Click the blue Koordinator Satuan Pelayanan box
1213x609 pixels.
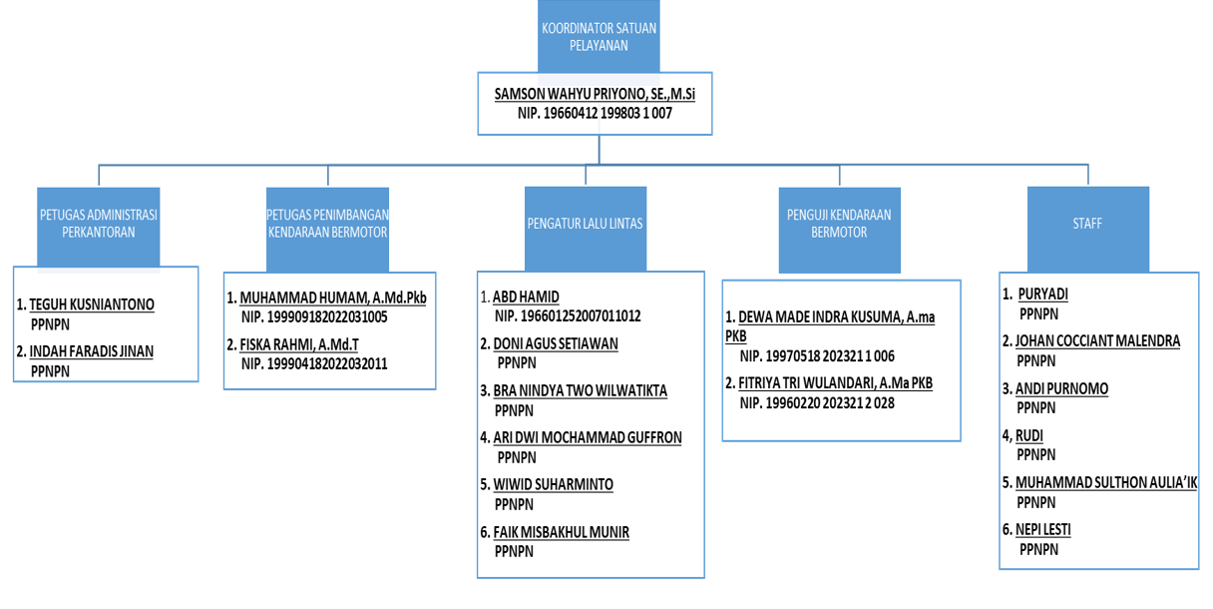pyautogui.click(x=599, y=36)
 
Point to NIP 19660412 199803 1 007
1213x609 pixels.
pyautogui.click(x=595, y=114)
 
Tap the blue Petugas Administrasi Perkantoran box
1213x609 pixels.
pyautogui.click(x=99, y=227)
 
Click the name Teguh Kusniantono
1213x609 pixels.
pyautogui.click(x=92, y=304)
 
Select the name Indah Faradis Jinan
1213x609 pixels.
pyautogui.click(x=92, y=351)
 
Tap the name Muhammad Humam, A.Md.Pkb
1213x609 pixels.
pyautogui.click(x=333, y=298)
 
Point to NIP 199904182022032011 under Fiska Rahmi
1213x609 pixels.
pyautogui.click(x=314, y=363)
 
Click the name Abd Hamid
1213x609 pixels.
pyautogui.click(x=526, y=297)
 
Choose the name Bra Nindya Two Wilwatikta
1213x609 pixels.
pyautogui.click(x=580, y=390)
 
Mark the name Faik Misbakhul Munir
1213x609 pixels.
pyautogui.click(x=561, y=532)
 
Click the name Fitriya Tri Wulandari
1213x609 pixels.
pyautogui.click(x=836, y=382)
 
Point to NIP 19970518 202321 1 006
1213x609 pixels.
pyautogui.click(x=817, y=355)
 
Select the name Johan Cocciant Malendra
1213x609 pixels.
pyautogui.click(x=1097, y=341)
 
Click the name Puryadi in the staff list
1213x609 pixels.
pyautogui.click(x=1043, y=294)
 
